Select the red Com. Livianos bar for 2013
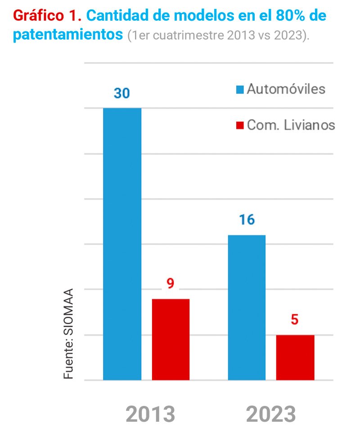click(x=171, y=339)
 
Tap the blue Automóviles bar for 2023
click(x=247, y=307)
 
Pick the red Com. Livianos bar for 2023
click(x=295, y=357)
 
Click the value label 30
click(x=121, y=94)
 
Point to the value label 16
click(x=247, y=220)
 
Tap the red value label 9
click(x=170, y=284)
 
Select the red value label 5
click(x=295, y=320)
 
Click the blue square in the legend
click(x=240, y=89)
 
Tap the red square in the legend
click(x=240, y=125)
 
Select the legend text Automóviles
click(x=286, y=89)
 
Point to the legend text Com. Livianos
click(x=291, y=125)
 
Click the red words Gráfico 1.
click(x=47, y=16)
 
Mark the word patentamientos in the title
click(x=68, y=35)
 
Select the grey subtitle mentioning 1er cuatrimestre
click(x=219, y=36)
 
